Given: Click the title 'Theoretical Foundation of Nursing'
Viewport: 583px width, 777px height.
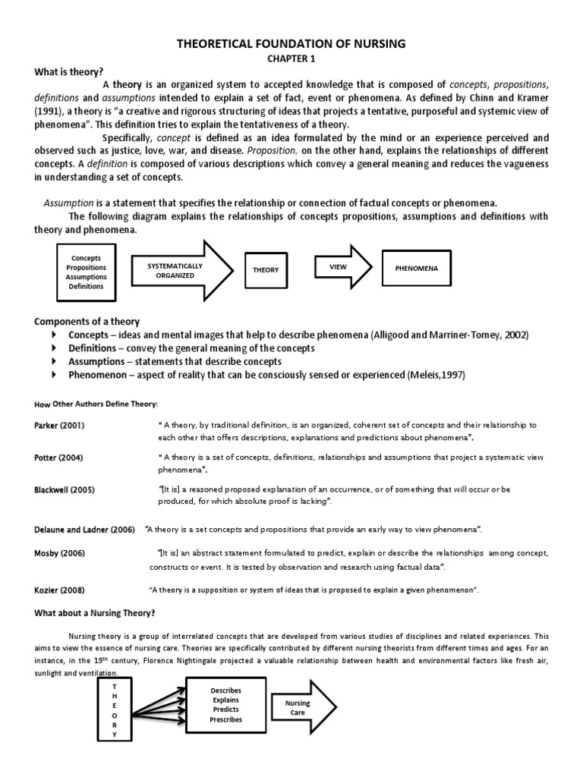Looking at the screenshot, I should click(291, 45).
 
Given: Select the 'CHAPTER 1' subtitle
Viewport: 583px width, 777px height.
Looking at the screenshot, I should click(291, 59).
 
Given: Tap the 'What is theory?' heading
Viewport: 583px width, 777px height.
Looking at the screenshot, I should click(68, 72).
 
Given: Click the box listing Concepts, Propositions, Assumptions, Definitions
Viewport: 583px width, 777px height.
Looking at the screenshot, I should click(86, 272).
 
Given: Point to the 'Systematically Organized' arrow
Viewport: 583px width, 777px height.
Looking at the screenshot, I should click(179, 271).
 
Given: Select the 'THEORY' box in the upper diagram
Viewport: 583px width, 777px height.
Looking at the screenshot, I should click(266, 270).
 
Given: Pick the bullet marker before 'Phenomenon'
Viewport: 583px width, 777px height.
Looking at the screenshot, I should click(53, 375).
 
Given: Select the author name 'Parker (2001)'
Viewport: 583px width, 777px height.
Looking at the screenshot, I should click(59, 425).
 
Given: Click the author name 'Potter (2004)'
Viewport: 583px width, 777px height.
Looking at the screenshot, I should click(58, 458).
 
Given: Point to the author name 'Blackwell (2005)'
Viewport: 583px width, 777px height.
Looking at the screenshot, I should click(64, 489).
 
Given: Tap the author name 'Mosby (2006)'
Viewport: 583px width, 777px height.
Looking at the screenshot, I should click(58, 553).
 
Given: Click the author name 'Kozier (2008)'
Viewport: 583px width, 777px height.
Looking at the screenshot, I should click(58, 590).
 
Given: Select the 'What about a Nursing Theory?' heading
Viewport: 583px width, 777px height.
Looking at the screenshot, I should click(94, 613).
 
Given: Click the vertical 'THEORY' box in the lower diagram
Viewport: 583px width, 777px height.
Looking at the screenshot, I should click(115, 709).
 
